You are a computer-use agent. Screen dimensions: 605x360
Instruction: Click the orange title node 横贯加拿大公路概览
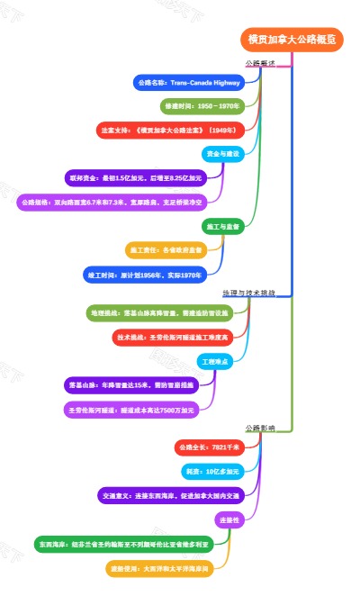click(292, 39)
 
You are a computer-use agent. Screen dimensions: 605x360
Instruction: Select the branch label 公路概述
click(260, 63)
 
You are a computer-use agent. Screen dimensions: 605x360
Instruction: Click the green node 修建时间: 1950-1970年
click(203, 106)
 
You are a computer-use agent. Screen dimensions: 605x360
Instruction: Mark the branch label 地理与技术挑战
click(255, 293)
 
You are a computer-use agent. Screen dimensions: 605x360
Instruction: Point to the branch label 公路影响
click(260, 429)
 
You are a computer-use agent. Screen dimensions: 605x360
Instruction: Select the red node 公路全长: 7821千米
click(208, 447)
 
